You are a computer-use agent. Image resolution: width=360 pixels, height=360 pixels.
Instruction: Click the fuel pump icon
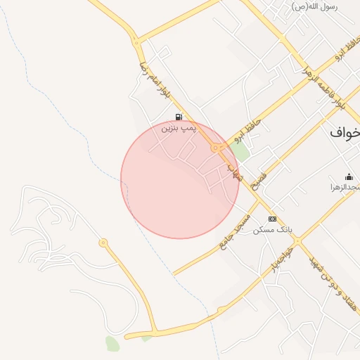coord(179,117)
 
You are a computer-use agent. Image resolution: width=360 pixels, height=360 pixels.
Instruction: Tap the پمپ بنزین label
coord(177,128)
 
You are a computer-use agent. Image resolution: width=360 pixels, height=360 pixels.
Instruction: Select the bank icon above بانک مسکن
coord(273,219)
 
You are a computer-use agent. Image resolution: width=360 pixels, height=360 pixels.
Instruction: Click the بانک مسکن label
coord(271,229)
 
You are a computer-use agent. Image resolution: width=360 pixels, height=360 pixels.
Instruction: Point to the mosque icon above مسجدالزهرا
coord(349,176)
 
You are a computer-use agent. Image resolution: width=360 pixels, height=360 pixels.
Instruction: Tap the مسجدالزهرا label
coord(346,188)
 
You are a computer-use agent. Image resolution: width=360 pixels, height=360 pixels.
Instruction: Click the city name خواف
coord(345,131)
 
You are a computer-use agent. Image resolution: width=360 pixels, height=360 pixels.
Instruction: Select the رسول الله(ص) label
coord(314,6)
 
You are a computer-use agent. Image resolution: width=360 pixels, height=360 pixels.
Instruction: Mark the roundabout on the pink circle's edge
coord(214,148)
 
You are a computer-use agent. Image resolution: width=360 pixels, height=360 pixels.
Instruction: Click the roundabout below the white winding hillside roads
coord(103,243)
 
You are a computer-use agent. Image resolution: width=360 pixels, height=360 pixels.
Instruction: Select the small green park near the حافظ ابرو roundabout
coord(241,152)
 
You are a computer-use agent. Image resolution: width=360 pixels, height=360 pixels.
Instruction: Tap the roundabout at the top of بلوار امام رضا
coord(136,42)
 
